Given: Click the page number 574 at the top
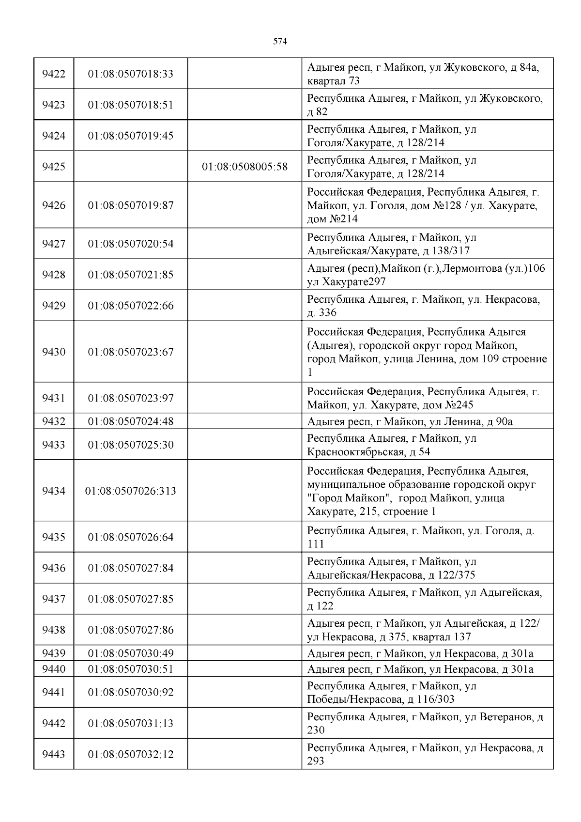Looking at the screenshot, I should (x=280, y=42).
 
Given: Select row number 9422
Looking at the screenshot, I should (x=54, y=74).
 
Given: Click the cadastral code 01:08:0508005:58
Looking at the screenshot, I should (x=245, y=167).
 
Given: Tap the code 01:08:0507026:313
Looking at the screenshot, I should (x=131, y=491).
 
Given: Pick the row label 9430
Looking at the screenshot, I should (x=54, y=352).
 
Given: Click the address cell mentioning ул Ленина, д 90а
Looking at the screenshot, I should (x=410, y=421).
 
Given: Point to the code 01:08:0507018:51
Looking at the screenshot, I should (x=131, y=105).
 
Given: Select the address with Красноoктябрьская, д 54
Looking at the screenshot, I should (x=392, y=445).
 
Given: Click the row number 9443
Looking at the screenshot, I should (x=54, y=754).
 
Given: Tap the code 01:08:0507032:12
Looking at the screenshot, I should (x=131, y=754).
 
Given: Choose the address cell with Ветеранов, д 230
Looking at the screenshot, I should (x=425, y=723).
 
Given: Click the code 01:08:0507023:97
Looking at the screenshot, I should (x=131, y=398).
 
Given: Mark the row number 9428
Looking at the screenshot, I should (x=54, y=275).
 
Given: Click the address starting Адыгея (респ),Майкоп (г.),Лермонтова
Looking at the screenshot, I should (x=426, y=275).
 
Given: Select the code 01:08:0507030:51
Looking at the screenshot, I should (x=131, y=669).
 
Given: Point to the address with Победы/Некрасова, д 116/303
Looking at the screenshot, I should (x=392, y=693).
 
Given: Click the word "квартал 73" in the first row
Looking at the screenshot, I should (x=334, y=81).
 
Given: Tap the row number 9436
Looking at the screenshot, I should (x=54, y=568).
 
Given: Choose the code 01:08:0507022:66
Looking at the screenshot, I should (x=131, y=306).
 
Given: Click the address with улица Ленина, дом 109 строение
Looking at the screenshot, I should (x=427, y=352).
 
